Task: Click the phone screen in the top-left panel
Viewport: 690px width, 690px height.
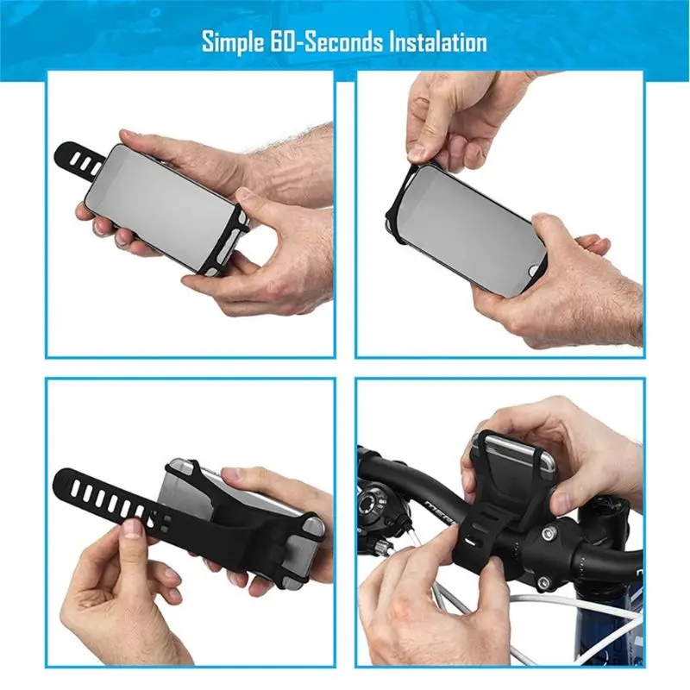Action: pyautogui.click(x=164, y=204)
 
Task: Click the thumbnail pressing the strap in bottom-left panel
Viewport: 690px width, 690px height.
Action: pyautogui.click(x=132, y=528)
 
